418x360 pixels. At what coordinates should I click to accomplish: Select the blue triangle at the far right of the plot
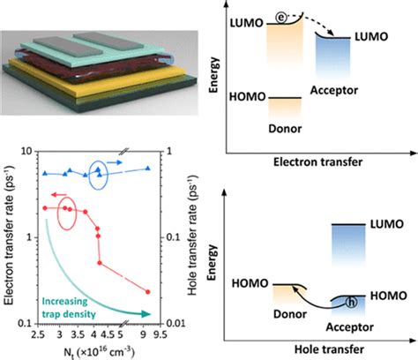tap(147, 169)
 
